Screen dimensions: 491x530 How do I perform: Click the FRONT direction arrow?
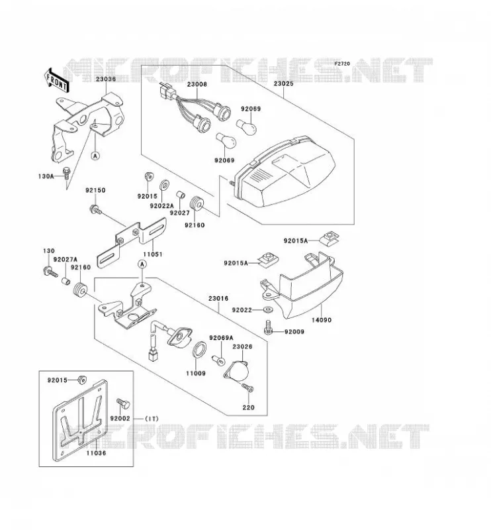(x=56, y=80)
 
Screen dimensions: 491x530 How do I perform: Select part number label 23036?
(x=105, y=79)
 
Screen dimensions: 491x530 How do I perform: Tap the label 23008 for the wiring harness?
(x=197, y=84)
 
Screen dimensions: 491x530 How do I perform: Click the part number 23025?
(x=283, y=83)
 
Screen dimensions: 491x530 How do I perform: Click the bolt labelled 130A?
(x=67, y=173)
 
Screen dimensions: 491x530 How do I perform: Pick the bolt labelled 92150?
(x=95, y=210)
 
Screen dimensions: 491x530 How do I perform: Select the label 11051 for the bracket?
(x=152, y=254)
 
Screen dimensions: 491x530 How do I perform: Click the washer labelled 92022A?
(x=164, y=185)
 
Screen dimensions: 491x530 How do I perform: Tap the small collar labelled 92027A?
(x=66, y=281)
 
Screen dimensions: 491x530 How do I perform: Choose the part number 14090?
(x=321, y=320)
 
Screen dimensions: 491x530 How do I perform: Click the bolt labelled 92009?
(x=269, y=327)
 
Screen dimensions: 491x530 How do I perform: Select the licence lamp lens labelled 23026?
(x=237, y=371)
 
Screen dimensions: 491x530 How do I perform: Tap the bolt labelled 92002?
(x=123, y=403)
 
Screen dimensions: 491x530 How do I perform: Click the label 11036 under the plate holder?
(x=96, y=453)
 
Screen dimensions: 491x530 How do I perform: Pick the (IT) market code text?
(x=152, y=419)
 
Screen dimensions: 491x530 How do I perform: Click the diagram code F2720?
(x=342, y=64)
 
